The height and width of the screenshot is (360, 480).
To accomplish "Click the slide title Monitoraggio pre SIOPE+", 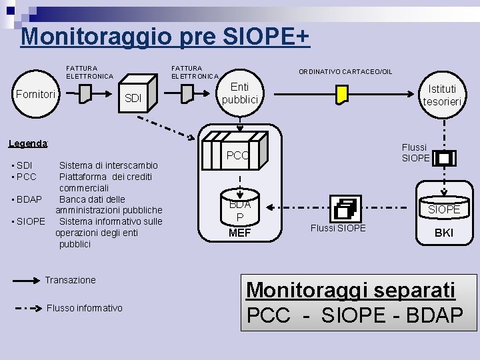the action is coord(165,36).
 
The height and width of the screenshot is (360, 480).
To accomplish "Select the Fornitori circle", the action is coord(35,95).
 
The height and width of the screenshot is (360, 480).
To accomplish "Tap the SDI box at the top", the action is coord(133,99).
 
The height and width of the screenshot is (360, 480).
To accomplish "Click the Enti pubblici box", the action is coord(239,93).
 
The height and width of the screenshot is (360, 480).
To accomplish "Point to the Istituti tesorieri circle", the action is coord(443,95).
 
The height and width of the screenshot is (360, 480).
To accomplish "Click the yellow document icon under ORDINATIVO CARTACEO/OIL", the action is coord(342,94).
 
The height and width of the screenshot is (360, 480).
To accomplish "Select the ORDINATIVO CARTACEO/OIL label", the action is coord(345,71).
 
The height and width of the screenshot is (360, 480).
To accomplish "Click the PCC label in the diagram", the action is coord(238,156).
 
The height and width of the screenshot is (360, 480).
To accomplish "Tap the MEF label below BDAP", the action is coord(239,233).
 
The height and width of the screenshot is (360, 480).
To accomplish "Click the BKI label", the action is coord(444,233).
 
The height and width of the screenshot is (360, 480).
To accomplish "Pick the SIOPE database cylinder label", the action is coord(444,209).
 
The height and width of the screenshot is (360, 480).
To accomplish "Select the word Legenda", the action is coord(27,143).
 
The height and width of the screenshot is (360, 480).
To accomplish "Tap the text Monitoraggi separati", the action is coord(351,290).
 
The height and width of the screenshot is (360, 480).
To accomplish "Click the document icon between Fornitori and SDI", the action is coord(85,95).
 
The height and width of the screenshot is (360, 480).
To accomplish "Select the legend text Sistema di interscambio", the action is coord(109,165).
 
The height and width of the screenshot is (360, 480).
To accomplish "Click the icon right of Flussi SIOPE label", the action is coord(445,158).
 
